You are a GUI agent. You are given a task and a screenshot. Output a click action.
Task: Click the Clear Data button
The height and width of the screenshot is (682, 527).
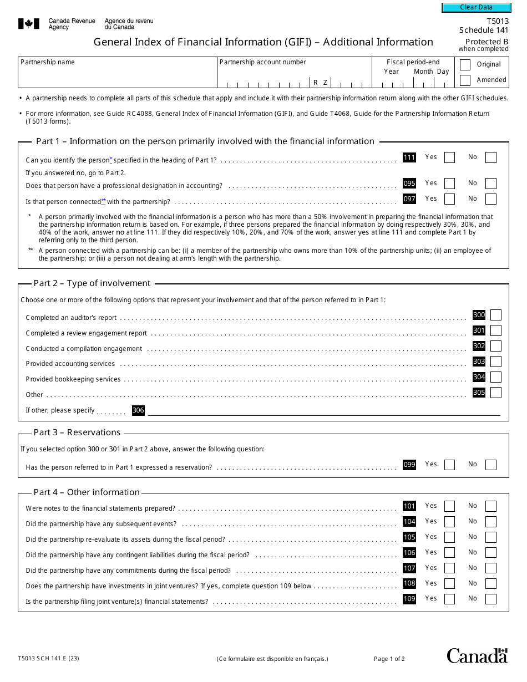[475, 7]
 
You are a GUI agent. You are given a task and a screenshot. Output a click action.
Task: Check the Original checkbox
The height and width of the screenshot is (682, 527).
[465, 64]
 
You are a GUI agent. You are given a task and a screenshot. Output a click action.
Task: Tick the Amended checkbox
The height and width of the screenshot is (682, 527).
[465, 80]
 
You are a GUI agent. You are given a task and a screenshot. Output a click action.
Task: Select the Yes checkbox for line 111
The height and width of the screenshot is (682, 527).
[449, 157]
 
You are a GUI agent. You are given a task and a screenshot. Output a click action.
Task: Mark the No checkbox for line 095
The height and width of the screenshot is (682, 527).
[490, 184]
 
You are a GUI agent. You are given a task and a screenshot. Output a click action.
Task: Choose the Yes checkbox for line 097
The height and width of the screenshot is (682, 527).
[449, 199]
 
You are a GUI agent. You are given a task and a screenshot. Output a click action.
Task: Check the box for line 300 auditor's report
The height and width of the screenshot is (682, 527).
[495, 315]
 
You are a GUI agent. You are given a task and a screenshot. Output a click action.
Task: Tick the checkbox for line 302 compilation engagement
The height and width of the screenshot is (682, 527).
[495, 346]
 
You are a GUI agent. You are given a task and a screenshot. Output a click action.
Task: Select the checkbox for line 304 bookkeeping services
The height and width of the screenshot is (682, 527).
[495, 377]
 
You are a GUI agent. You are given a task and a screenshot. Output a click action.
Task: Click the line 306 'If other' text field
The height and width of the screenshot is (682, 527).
[323, 410]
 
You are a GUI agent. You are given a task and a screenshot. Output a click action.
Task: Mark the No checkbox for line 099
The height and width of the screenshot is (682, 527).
[490, 465]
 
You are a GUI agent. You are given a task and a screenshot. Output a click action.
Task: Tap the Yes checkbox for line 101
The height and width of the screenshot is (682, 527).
[449, 506]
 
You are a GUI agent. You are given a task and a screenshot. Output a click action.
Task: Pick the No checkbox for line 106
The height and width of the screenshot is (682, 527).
[490, 553]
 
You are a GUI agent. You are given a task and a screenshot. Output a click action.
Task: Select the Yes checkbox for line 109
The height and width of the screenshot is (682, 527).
[449, 599]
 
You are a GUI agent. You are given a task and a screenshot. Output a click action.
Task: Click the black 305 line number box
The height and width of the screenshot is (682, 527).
[479, 393]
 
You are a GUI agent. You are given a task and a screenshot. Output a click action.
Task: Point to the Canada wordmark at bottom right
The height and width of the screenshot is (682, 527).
[477, 655]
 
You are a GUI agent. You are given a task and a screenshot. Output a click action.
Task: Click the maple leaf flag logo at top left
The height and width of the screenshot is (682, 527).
[29, 23]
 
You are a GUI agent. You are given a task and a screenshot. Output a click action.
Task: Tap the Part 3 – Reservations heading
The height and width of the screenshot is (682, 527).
[77, 432]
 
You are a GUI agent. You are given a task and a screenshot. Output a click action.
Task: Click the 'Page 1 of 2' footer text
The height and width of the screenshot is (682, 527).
[389, 659]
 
